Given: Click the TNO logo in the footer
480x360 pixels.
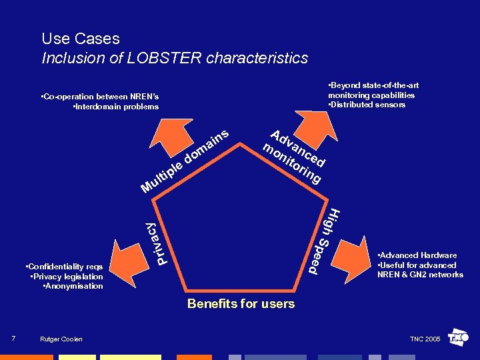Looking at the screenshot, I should point(459,338).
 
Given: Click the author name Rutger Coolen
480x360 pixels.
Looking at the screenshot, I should point(62,339).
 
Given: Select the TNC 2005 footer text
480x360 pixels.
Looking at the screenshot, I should point(425,339).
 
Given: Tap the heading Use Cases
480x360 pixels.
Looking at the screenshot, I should point(81,39).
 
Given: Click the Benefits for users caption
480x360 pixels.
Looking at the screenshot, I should point(241,304).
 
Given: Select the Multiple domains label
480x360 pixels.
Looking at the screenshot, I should point(186,160).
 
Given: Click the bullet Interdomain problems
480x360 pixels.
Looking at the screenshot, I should point(116,107).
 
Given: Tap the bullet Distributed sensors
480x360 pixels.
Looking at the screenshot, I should point(367,105).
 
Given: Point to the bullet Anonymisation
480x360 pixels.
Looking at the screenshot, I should point(73,286).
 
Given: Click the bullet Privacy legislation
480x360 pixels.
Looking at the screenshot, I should point(67,277).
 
